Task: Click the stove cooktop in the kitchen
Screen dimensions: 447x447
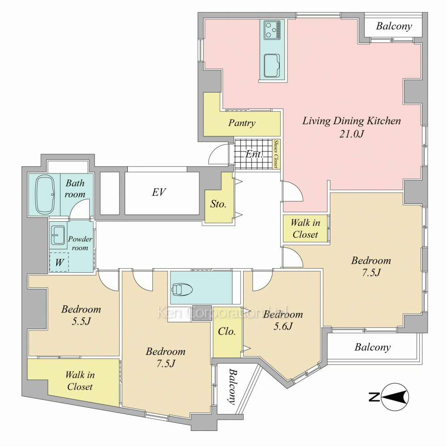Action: click(x=272, y=30)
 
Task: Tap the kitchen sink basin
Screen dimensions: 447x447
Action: click(x=272, y=66)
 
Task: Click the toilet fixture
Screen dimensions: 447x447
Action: click(x=182, y=289)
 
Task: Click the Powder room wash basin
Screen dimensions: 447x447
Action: click(x=58, y=235)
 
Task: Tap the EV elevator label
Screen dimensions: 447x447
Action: click(x=159, y=192)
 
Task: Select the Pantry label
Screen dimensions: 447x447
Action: click(x=241, y=123)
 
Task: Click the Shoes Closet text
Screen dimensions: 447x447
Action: click(x=276, y=154)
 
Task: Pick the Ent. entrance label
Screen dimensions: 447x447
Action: click(x=254, y=154)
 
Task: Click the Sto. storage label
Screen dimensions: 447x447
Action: click(x=218, y=204)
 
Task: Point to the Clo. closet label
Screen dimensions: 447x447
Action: click(x=227, y=331)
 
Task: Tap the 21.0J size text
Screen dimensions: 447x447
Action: click(x=352, y=134)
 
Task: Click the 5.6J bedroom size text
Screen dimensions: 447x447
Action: click(x=283, y=326)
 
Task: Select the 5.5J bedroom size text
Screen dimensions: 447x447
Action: click(x=81, y=321)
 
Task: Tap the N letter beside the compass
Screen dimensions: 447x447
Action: click(x=374, y=397)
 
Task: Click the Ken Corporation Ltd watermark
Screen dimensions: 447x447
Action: click(x=222, y=312)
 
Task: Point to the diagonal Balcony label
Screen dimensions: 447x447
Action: click(x=232, y=387)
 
